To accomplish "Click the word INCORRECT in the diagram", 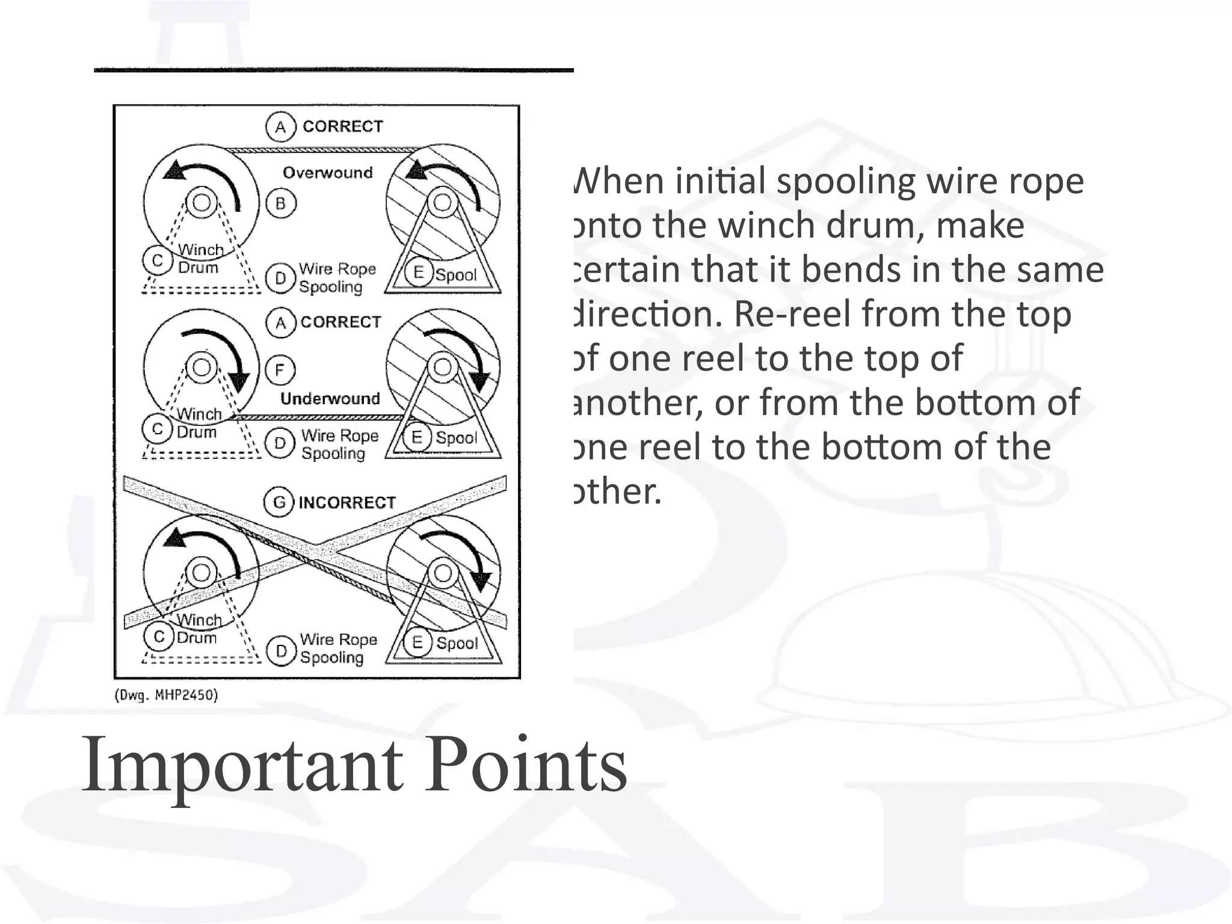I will pyautogui.click(x=347, y=502).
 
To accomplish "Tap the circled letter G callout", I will pyautogui.click(x=279, y=502).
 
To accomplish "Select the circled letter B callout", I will pyautogui.click(x=281, y=204).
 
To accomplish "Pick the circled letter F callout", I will pyautogui.click(x=280, y=369).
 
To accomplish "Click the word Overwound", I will pyautogui.click(x=328, y=173).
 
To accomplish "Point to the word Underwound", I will pyautogui.click(x=330, y=398).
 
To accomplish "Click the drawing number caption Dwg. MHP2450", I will pyautogui.click(x=166, y=695).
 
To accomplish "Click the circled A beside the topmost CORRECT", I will pyautogui.click(x=280, y=127).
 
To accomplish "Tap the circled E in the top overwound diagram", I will pyautogui.click(x=419, y=273).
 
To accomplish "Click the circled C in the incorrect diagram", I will pyautogui.click(x=159, y=636).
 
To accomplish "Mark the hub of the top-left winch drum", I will pyautogui.click(x=201, y=202).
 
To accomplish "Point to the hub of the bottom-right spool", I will pyautogui.click(x=443, y=573).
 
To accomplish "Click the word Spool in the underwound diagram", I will pyautogui.click(x=457, y=438).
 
